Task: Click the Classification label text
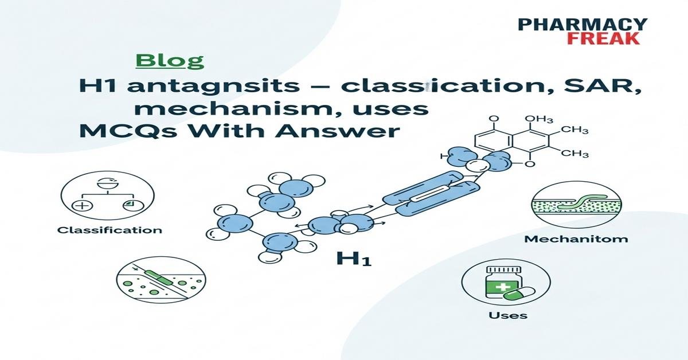[110, 230]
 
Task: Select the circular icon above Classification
[101, 195]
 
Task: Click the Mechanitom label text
[576, 238]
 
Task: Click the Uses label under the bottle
[507, 315]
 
